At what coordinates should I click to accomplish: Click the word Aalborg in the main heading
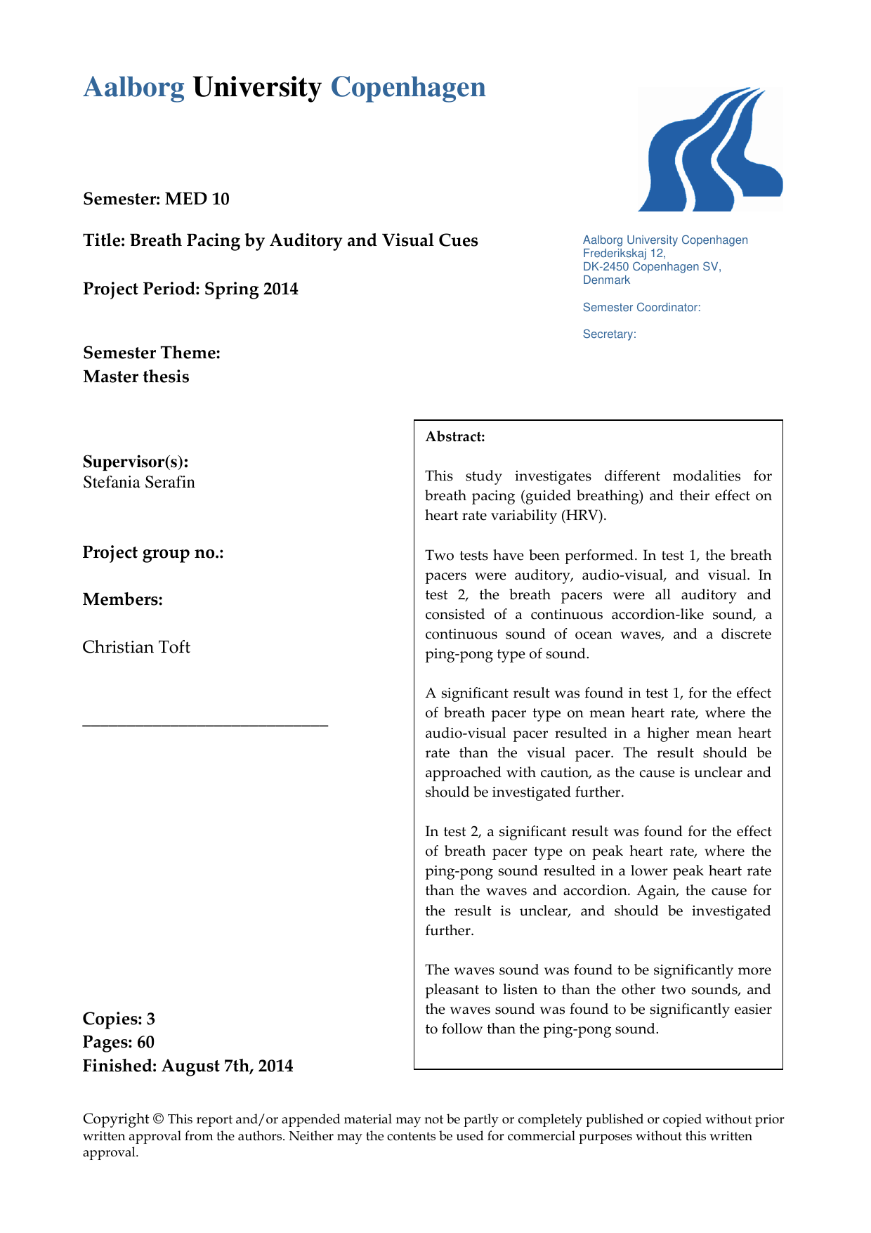pyautogui.click(x=133, y=88)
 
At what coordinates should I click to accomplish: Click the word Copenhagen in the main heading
pyautogui.click(x=408, y=88)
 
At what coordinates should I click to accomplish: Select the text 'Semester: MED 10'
pyautogui.click(x=156, y=199)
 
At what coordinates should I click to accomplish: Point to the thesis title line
pyautogui.click(x=280, y=240)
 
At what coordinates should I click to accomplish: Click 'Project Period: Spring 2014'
pyautogui.click(x=190, y=289)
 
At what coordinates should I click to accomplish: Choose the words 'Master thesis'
pyautogui.click(x=136, y=377)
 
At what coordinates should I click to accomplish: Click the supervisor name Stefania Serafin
pyautogui.click(x=139, y=482)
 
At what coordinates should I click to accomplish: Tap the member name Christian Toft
pyautogui.click(x=136, y=647)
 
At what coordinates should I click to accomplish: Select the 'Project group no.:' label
pyautogui.click(x=153, y=552)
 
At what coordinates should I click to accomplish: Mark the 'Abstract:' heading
pyautogui.click(x=455, y=437)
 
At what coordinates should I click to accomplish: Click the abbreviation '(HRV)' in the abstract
pyautogui.click(x=583, y=516)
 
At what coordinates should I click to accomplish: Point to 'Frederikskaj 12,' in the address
pyautogui.click(x=624, y=253)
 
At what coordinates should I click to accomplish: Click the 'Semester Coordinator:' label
pyautogui.click(x=641, y=307)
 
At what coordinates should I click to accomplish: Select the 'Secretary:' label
pyautogui.click(x=609, y=334)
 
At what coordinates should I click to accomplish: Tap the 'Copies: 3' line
pyautogui.click(x=119, y=1019)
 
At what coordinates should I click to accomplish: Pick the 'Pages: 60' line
pyautogui.click(x=118, y=1042)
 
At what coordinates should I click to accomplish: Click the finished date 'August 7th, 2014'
pyautogui.click(x=227, y=1066)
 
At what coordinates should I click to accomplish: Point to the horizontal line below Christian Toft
pyautogui.click(x=205, y=724)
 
